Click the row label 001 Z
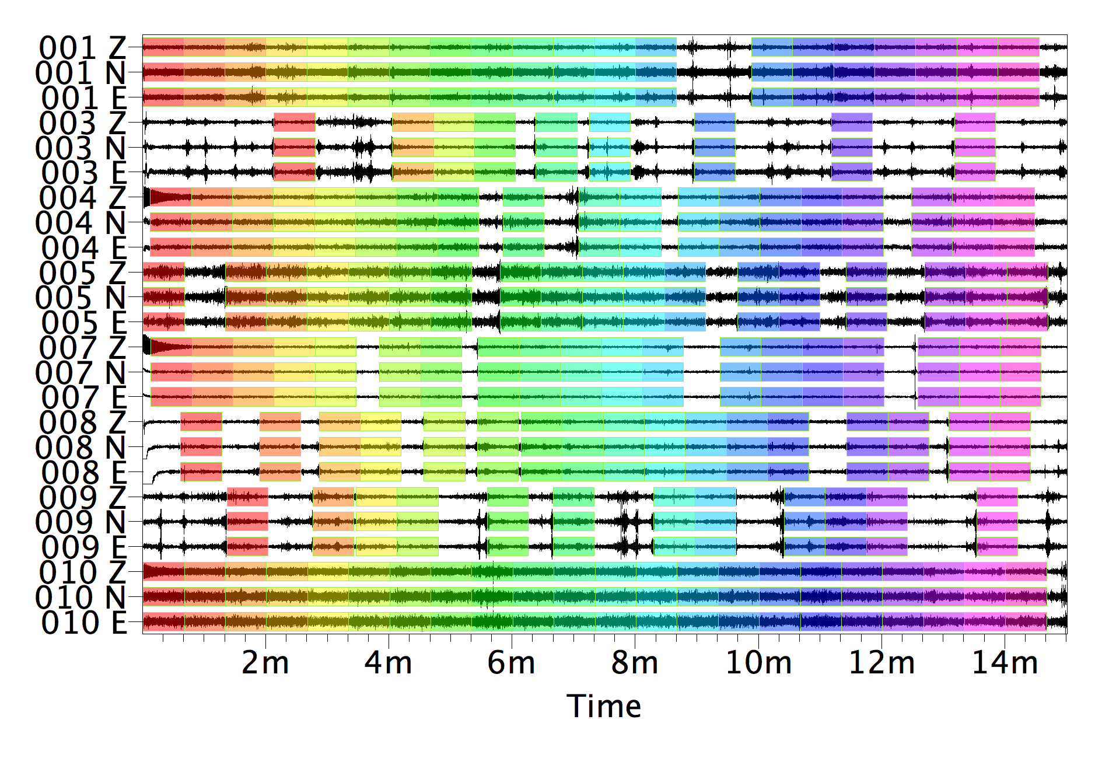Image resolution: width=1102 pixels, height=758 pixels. [x=82, y=48]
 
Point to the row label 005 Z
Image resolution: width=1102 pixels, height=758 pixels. [x=82, y=273]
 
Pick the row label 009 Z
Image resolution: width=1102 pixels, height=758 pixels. [x=82, y=498]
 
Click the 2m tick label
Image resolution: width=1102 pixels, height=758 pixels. [x=265, y=663]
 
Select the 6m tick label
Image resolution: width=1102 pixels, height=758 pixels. [x=512, y=663]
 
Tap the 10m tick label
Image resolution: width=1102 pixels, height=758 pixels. [x=758, y=663]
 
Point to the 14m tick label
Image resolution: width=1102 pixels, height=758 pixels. [x=1005, y=663]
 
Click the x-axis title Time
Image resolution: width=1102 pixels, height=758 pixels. [x=604, y=706]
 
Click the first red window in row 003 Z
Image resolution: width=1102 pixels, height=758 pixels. [x=294, y=123]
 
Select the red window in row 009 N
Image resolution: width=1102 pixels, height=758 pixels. [x=247, y=522]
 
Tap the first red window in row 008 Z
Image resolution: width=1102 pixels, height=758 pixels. [x=201, y=422]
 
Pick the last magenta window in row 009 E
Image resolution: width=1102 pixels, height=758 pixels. [x=997, y=547]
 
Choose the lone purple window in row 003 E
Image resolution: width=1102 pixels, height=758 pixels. [x=852, y=173]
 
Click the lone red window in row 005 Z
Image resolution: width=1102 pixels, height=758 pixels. [x=163, y=273]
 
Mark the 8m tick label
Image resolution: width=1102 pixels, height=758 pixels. [x=635, y=663]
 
